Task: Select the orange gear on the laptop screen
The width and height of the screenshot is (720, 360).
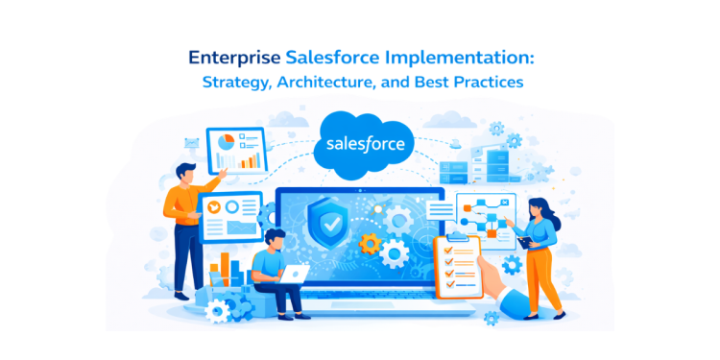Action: (x=371, y=243)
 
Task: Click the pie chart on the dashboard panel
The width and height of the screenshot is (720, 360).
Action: (x=227, y=141)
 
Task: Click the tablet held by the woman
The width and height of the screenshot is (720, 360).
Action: (x=524, y=241)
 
